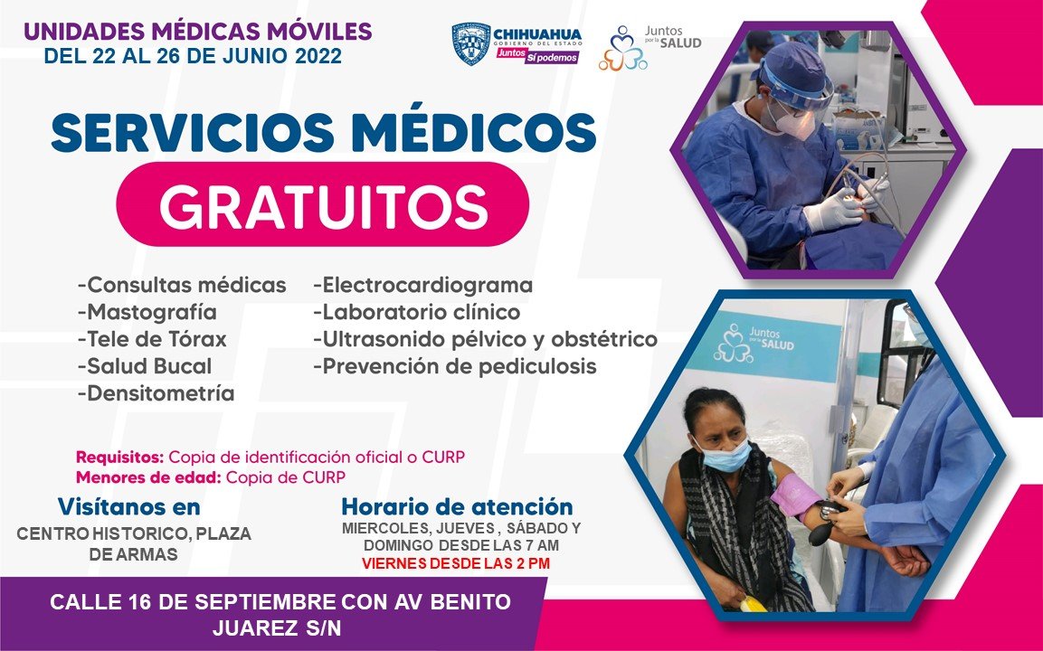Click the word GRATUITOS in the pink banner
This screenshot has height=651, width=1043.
click(323, 205)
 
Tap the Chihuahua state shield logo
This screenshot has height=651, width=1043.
click(471, 44)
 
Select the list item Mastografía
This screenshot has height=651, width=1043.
click(147, 312)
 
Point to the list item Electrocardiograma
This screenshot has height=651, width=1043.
click(423, 286)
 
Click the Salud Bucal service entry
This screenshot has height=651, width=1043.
click(145, 366)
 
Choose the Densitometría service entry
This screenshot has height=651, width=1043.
click(156, 393)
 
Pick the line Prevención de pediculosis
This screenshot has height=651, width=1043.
click(455, 366)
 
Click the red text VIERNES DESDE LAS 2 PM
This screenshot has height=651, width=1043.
click(456, 564)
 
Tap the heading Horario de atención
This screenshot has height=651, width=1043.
click(457, 506)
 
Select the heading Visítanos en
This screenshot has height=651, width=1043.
click(129, 506)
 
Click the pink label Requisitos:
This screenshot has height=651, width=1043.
click(119, 458)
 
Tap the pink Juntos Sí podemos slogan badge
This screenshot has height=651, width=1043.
click(537, 56)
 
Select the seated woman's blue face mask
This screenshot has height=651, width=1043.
click(723, 454)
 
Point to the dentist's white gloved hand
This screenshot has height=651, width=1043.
click(831, 212)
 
